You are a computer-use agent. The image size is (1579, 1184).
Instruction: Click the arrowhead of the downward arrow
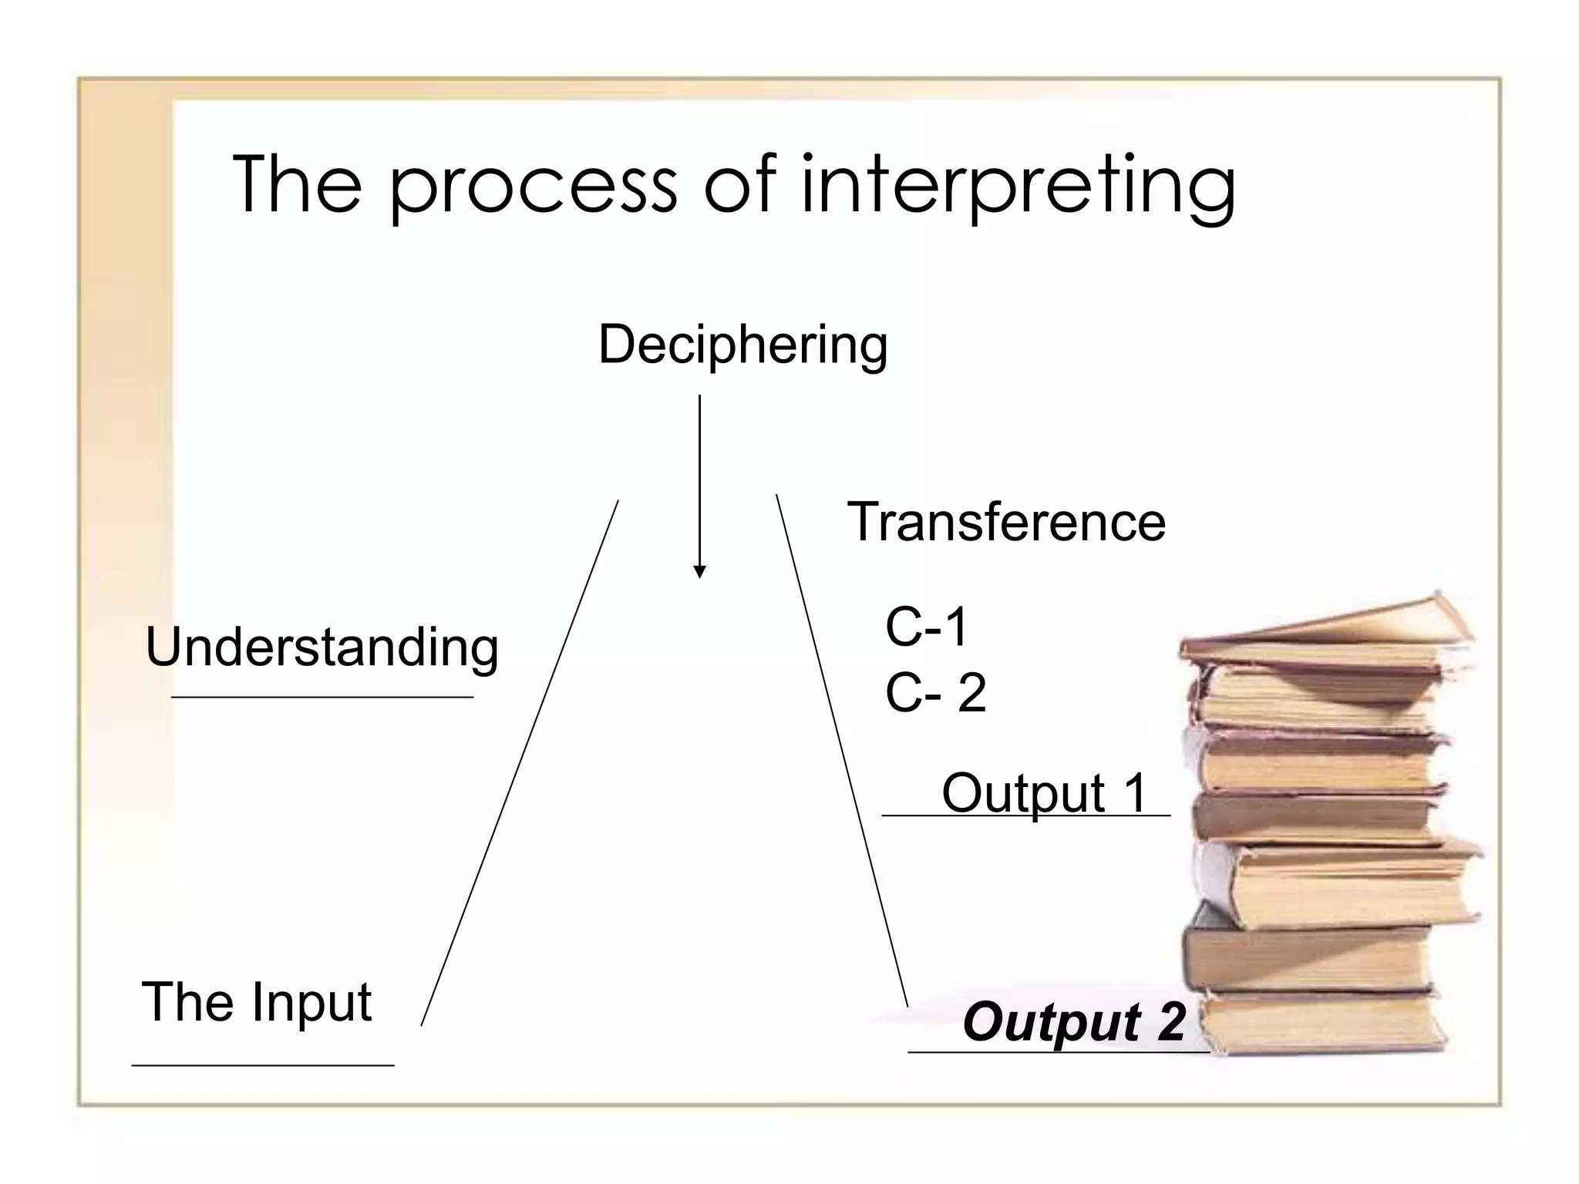click(x=699, y=571)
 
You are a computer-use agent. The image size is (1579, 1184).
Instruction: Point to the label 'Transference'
click(x=1006, y=522)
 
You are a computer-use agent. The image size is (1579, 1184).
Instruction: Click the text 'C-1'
click(x=926, y=626)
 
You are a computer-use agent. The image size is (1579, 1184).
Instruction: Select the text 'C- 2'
click(x=935, y=692)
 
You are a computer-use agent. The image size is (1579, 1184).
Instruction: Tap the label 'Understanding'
click(x=322, y=647)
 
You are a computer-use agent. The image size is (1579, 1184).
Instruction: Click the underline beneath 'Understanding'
click(x=322, y=697)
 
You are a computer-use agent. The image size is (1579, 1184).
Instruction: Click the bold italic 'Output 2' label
click(x=1073, y=1021)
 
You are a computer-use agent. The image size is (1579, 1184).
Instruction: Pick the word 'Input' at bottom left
click(x=311, y=1002)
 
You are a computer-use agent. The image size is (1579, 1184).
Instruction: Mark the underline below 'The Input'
click(x=262, y=1065)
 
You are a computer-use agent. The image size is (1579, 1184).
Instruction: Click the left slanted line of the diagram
click(x=520, y=763)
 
